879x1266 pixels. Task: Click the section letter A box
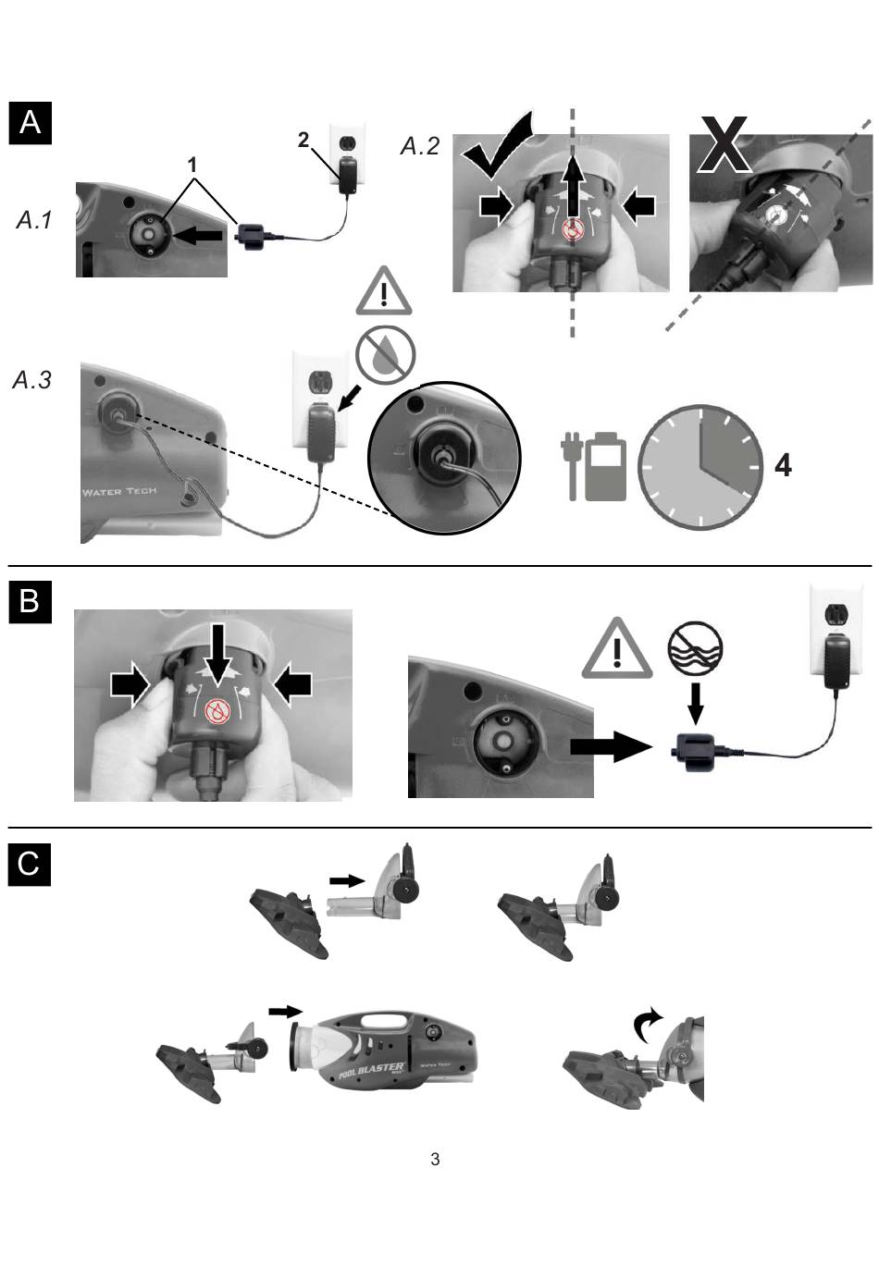[x=30, y=122]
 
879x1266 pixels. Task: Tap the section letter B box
[x=30, y=600]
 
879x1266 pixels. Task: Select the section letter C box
[x=30, y=864]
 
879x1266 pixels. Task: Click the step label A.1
[x=34, y=219]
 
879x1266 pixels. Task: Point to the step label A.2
[x=419, y=146]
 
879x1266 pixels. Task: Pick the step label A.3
[x=32, y=380]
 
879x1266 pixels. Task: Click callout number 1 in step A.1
[x=192, y=165]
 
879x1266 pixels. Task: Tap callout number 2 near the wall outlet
[x=303, y=140]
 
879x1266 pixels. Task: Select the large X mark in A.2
[x=724, y=145]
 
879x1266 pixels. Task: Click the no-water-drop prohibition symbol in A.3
[x=386, y=353]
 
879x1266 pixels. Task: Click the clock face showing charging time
[x=700, y=466]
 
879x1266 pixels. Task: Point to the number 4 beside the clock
[x=783, y=465]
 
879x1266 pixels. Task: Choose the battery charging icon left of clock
[x=594, y=466]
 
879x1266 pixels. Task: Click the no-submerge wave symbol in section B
[x=695, y=646]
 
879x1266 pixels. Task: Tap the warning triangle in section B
[x=616, y=648]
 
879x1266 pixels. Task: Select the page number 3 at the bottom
[x=435, y=1160]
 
